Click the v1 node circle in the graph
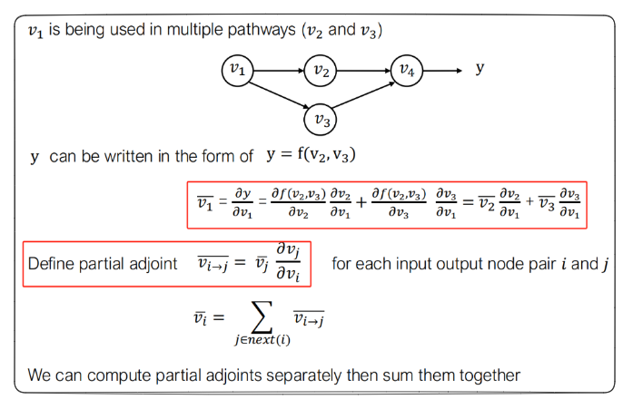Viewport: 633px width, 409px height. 237,70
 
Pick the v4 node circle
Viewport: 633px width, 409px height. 406,70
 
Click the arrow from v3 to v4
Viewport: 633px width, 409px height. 363,94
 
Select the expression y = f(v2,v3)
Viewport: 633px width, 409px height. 311,155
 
